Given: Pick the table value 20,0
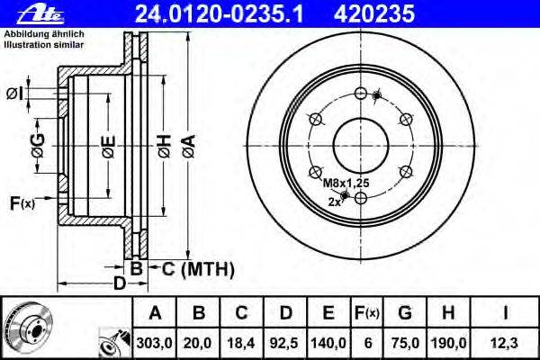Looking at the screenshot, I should [x=201, y=341].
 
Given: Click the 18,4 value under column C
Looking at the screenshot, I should [x=242, y=341].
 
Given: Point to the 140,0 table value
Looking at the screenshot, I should [x=328, y=341].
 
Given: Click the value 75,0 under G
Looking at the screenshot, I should [x=405, y=341].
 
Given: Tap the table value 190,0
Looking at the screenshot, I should [x=451, y=341].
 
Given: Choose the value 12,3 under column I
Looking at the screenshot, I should [x=508, y=341].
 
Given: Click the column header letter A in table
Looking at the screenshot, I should [x=156, y=312].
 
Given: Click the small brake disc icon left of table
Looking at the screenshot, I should [x=25, y=327].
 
